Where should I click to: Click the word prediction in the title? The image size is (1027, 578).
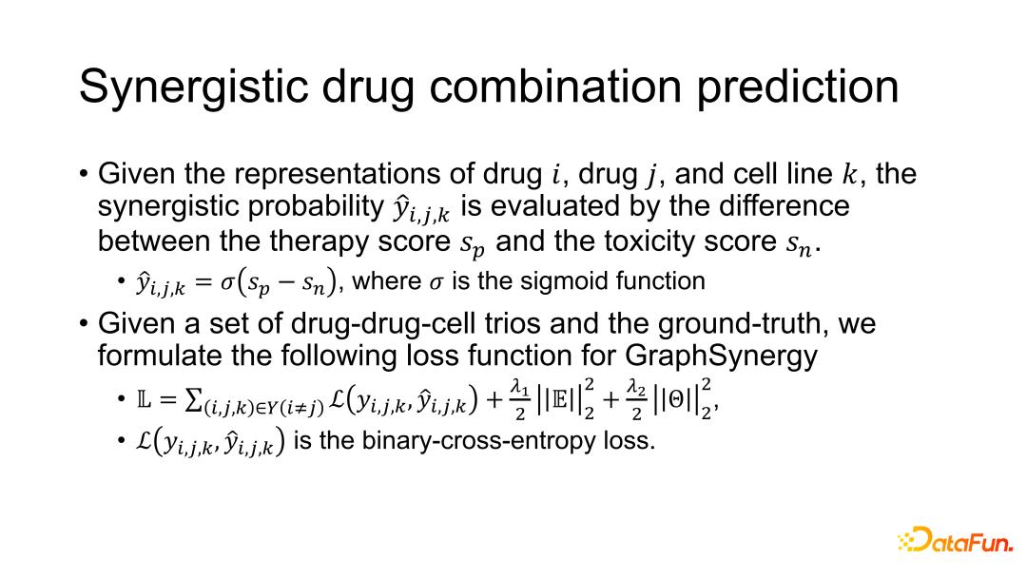[x=797, y=87]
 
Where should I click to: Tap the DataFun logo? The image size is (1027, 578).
[x=956, y=539]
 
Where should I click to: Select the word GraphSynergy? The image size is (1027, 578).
[x=721, y=356]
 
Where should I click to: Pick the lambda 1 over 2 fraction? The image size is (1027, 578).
[x=520, y=400]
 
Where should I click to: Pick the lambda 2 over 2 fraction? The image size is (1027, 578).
[x=636, y=400]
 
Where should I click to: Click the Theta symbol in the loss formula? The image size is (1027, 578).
[x=675, y=400]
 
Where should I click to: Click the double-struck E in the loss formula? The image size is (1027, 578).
[x=561, y=400]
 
